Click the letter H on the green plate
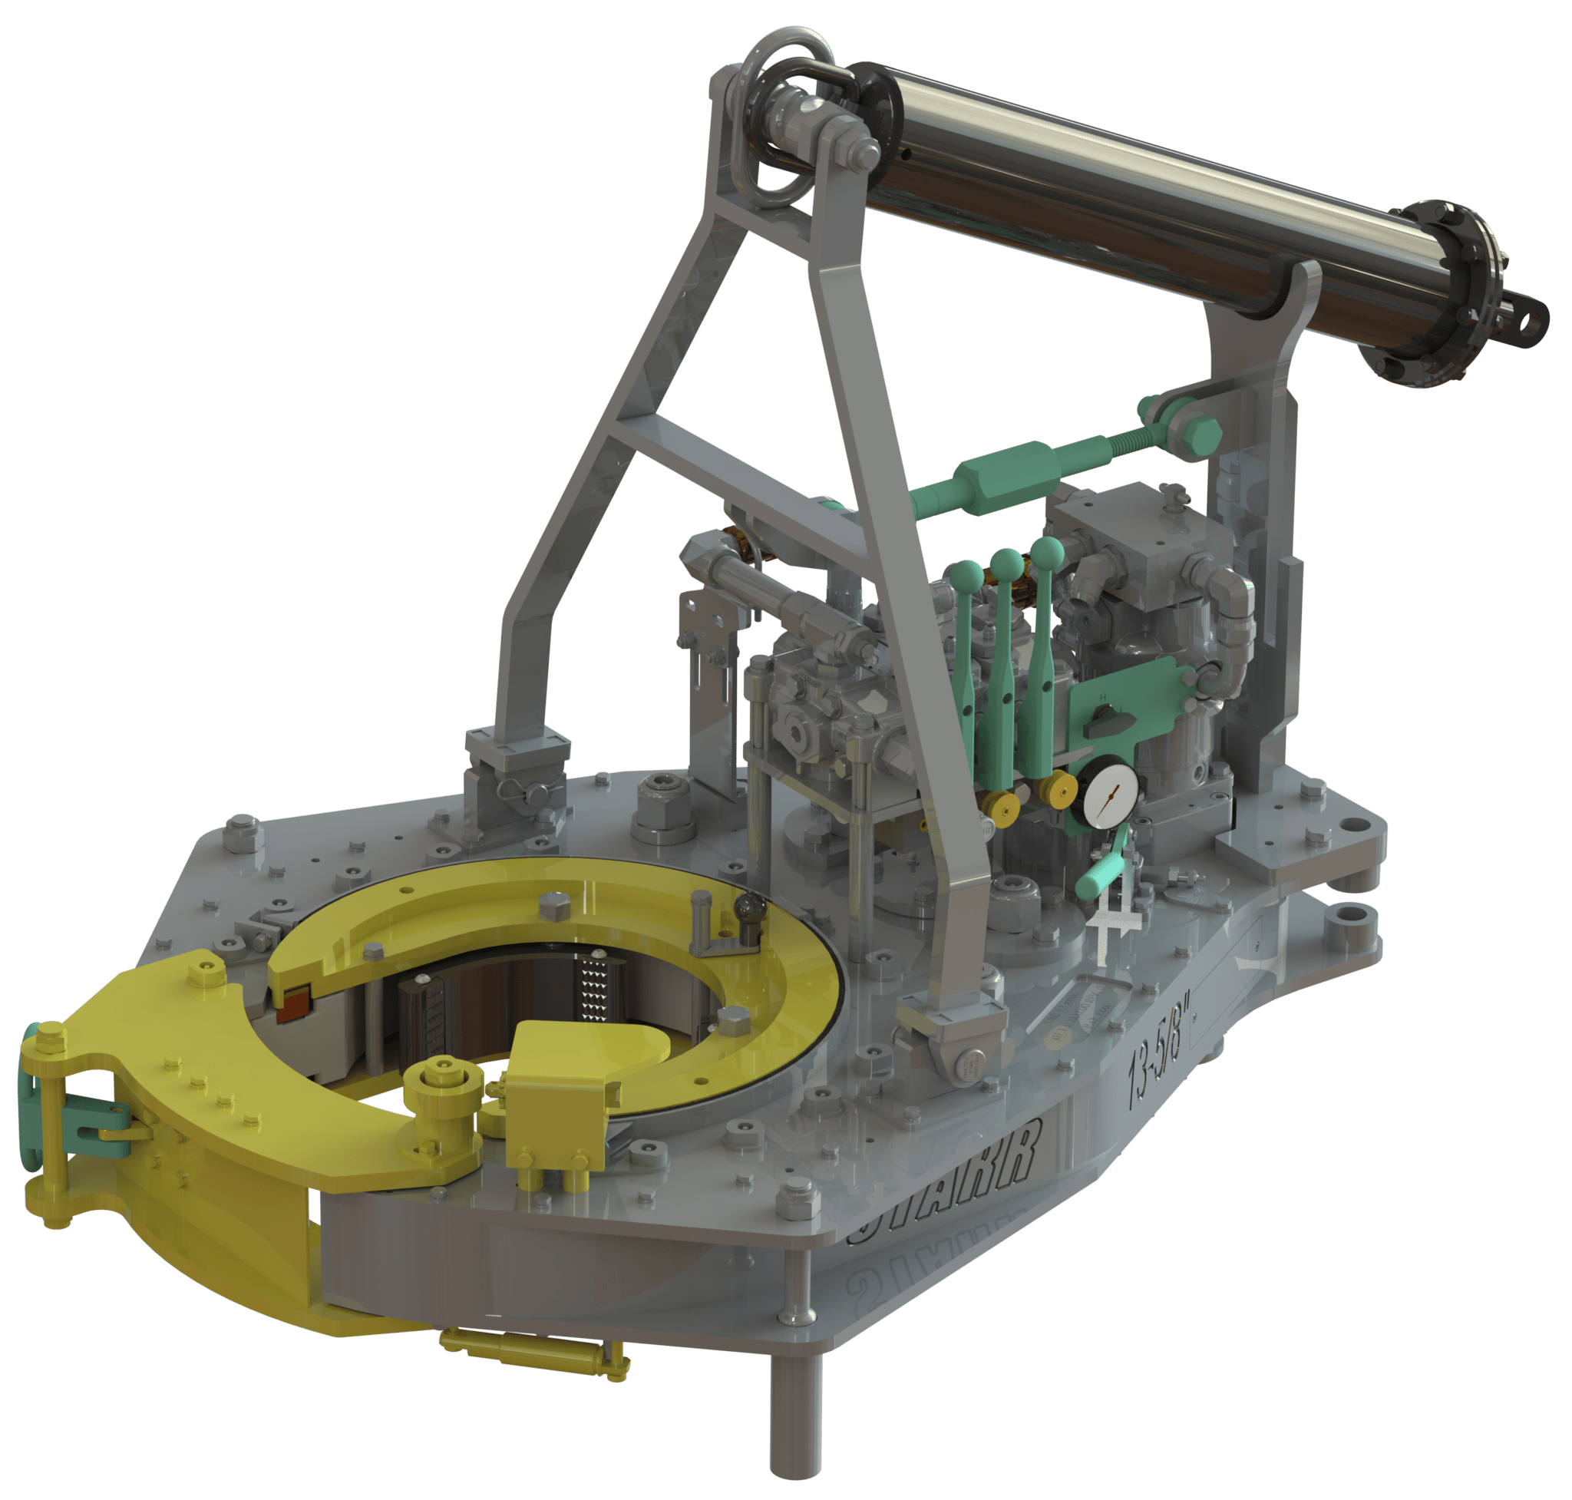[1104, 697]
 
